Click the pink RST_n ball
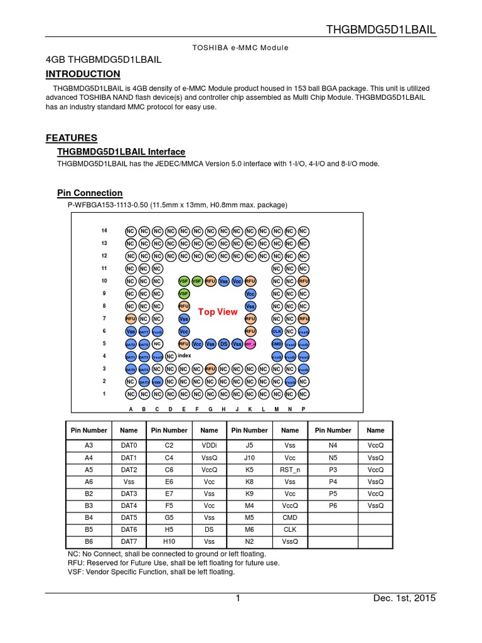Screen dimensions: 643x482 250,344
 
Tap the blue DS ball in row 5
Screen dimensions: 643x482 223,344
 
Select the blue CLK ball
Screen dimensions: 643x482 277,332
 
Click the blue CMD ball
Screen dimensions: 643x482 277,344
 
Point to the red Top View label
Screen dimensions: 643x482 218,312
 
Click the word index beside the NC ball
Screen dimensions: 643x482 184,355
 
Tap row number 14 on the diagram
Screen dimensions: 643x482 104,231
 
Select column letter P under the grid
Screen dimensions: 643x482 303,409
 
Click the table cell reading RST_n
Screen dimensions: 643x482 290,469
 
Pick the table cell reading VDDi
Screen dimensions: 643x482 209,445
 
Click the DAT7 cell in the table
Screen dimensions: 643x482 129,541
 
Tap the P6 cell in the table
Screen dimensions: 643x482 333,505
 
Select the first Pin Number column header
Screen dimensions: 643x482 88,430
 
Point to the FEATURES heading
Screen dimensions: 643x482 72,138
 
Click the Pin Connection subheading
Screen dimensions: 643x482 90,193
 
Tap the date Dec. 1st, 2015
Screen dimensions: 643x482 404,598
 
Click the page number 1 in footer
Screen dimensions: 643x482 238,598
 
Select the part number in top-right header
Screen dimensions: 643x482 381,30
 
